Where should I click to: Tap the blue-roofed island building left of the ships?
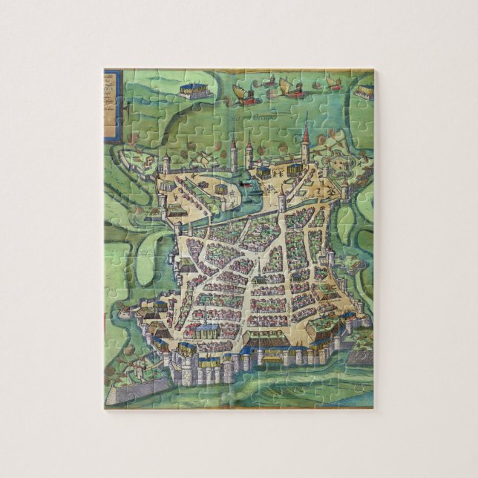tap(193, 90)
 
